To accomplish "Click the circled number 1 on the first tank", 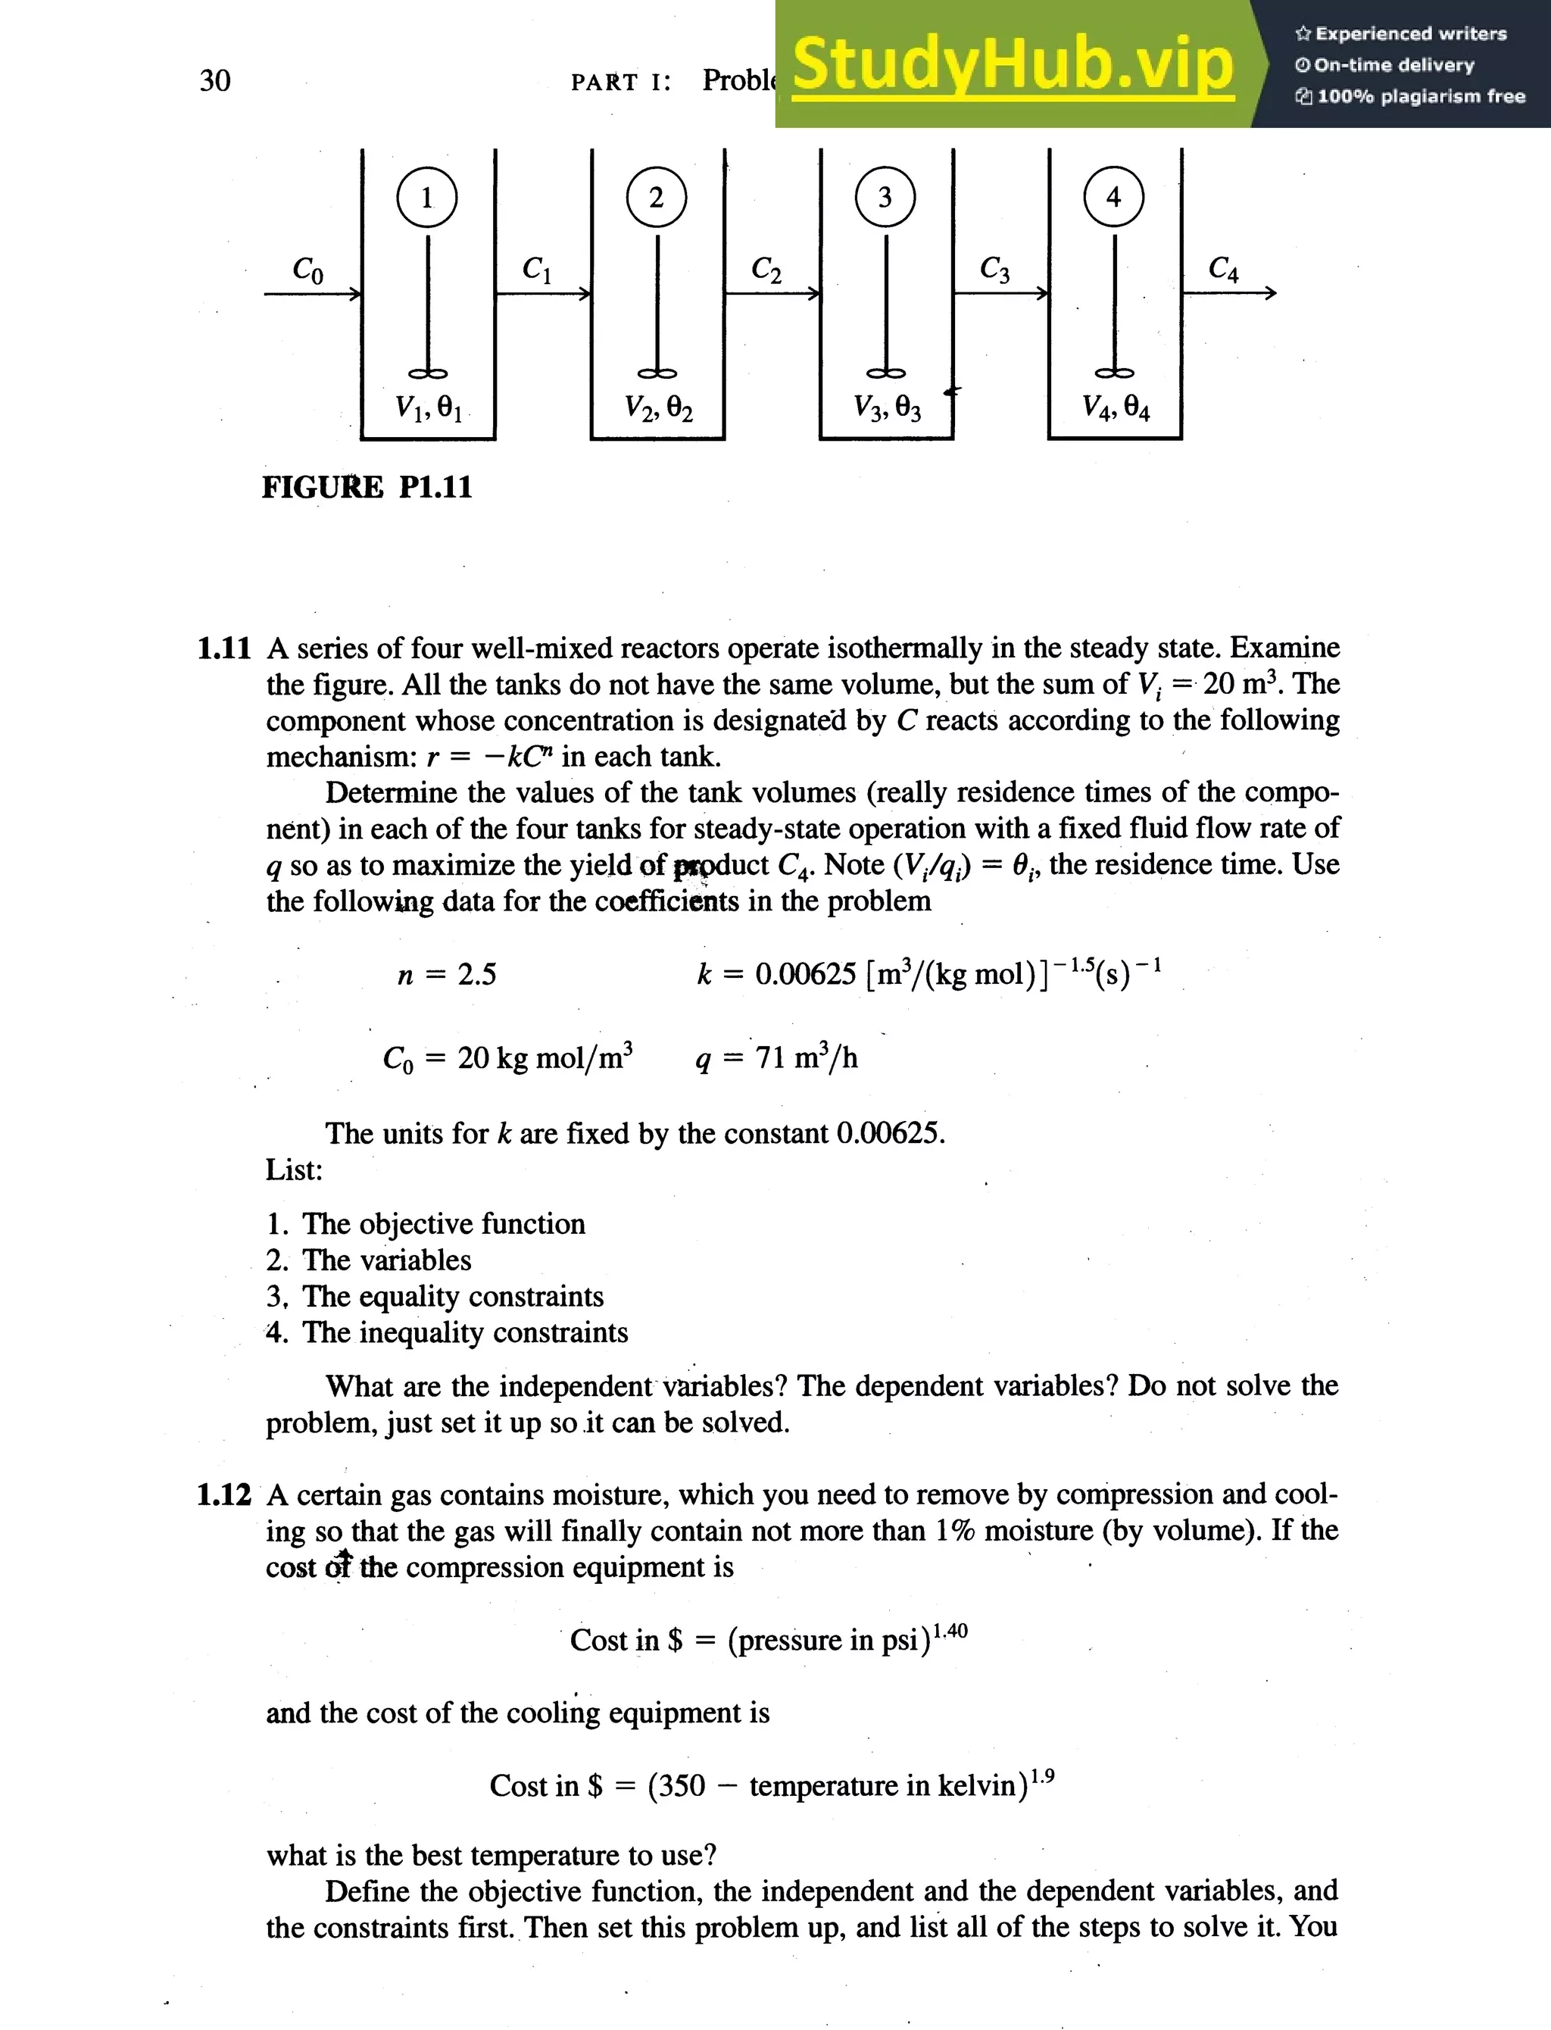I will [x=426, y=198].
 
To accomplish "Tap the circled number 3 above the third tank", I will [x=885, y=198].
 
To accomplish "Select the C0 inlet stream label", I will [x=307, y=269].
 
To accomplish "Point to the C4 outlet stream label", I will [x=1223, y=269].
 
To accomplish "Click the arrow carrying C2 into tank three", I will [x=772, y=294].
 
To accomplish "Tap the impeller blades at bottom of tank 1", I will [x=427, y=373].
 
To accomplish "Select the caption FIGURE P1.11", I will [x=367, y=486].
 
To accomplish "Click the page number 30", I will [x=214, y=80].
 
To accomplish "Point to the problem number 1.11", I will [x=223, y=648].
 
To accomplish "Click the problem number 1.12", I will [x=223, y=1494].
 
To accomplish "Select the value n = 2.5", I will [x=446, y=974].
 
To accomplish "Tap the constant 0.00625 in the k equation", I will [x=805, y=974].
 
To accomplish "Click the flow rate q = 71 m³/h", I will [x=775, y=1057].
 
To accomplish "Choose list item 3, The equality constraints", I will [x=435, y=1296].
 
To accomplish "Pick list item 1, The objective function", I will [x=426, y=1223].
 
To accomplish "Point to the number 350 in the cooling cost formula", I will [x=677, y=1785].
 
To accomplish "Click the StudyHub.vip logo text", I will [x=1012, y=64].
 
